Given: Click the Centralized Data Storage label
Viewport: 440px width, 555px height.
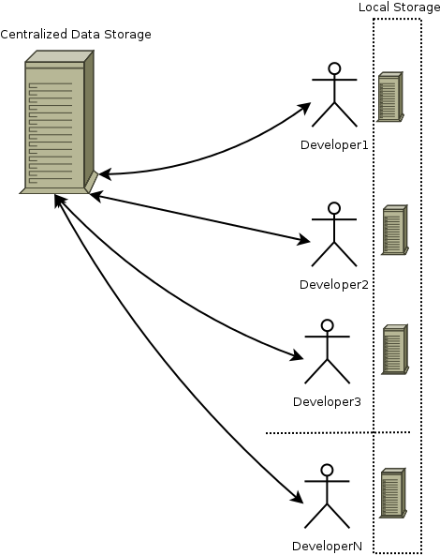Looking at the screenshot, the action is tap(76, 35).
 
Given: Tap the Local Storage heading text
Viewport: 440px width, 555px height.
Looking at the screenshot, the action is tap(400, 7).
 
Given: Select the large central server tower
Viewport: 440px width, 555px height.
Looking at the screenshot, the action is tap(58, 122).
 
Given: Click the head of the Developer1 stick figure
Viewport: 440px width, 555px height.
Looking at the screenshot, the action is tap(334, 68).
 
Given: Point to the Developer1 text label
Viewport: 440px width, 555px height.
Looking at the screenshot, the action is tap(334, 145).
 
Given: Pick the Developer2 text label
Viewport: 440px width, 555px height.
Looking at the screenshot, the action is tap(334, 285).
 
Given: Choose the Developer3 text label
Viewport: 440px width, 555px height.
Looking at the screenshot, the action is tap(328, 402).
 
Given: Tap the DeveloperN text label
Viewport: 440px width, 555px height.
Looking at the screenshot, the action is tap(328, 547).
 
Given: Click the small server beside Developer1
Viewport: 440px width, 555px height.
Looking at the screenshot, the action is tap(390, 97).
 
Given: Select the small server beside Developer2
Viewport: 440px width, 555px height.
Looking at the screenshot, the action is tap(395, 230).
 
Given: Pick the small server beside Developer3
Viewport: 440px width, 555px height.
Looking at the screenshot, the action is tap(395, 350).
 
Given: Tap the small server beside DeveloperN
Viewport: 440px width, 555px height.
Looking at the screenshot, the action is tap(393, 493).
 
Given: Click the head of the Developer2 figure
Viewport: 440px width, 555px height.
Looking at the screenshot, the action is tap(334, 208).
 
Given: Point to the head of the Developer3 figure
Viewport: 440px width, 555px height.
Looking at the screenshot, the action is tap(328, 325).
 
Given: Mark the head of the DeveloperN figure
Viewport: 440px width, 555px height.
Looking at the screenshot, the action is tap(328, 471).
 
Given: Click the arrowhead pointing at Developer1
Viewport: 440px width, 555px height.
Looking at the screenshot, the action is tap(304, 107).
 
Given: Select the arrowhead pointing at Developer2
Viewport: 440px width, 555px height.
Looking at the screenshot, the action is tap(304, 240).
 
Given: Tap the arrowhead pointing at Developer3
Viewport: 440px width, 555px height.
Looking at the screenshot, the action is tap(297, 355).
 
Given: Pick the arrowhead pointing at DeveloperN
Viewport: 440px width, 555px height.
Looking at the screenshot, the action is tap(297, 497).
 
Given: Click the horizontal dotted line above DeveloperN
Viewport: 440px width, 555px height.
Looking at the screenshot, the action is tap(338, 432).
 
